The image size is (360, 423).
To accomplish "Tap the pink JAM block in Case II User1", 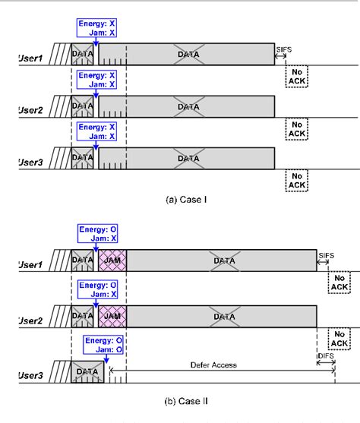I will coord(112,260).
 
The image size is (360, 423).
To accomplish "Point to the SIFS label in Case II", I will coord(327,254).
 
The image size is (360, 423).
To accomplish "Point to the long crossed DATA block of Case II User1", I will coord(222,260).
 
